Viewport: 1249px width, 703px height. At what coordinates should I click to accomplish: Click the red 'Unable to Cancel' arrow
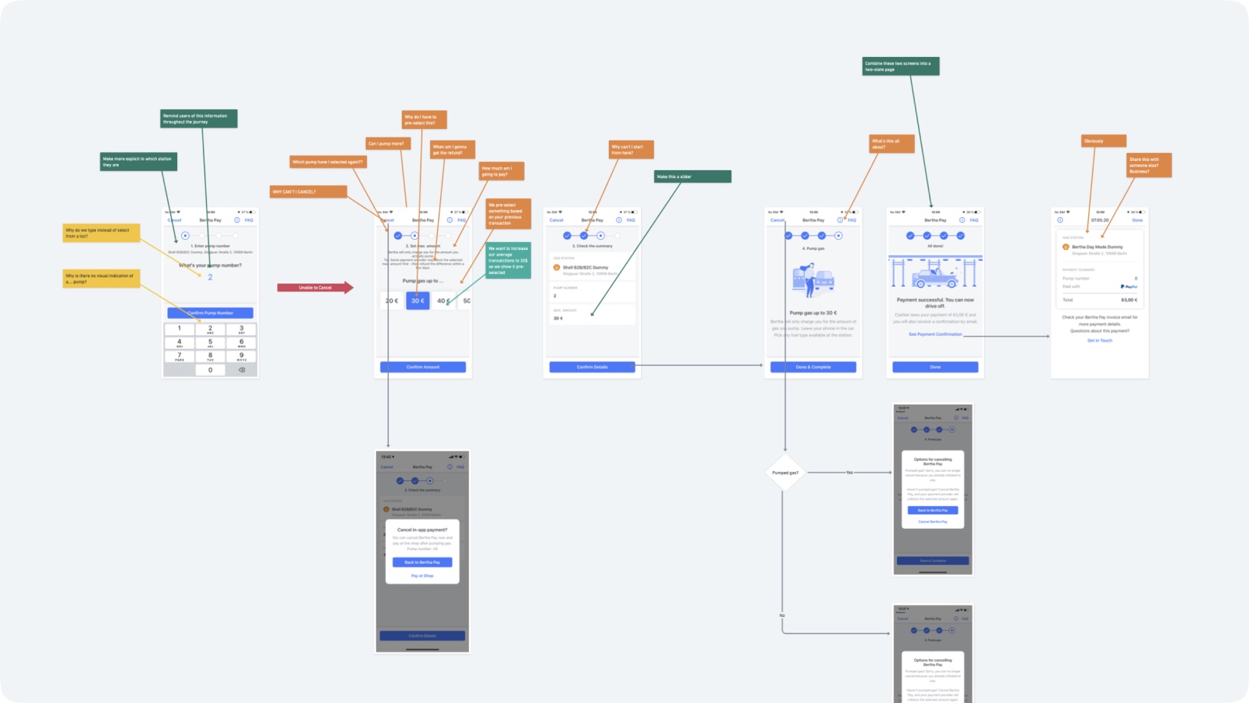tap(315, 287)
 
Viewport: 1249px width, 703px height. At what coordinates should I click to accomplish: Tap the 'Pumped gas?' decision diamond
tap(785, 473)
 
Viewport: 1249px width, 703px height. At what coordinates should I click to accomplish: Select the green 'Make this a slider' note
tap(692, 177)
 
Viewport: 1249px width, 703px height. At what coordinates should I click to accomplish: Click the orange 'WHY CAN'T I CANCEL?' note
tap(308, 191)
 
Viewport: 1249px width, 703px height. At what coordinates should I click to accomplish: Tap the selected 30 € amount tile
tap(418, 301)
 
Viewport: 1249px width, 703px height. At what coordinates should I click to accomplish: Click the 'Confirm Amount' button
tap(422, 367)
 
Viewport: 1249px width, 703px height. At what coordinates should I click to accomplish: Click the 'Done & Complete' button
tap(813, 367)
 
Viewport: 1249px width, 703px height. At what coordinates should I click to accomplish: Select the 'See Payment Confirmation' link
tap(934, 334)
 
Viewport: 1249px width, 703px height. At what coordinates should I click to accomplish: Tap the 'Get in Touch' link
tap(1099, 341)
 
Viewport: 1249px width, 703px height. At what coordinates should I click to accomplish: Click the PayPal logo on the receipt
tap(1129, 287)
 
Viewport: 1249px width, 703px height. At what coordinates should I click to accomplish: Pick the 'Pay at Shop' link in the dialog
tap(422, 576)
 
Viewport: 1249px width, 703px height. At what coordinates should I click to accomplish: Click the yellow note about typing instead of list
tap(101, 233)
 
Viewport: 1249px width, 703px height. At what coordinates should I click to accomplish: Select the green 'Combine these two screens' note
tap(901, 66)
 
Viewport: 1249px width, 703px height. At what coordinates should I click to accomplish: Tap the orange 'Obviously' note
tap(1103, 141)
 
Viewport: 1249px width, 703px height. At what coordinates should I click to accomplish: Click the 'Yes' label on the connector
tap(849, 473)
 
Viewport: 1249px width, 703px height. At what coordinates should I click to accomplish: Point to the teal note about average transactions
tap(507, 261)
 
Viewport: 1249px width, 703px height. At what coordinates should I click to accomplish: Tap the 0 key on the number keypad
tap(210, 370)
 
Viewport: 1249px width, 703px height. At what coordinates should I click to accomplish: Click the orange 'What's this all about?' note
tap(891, 144)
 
